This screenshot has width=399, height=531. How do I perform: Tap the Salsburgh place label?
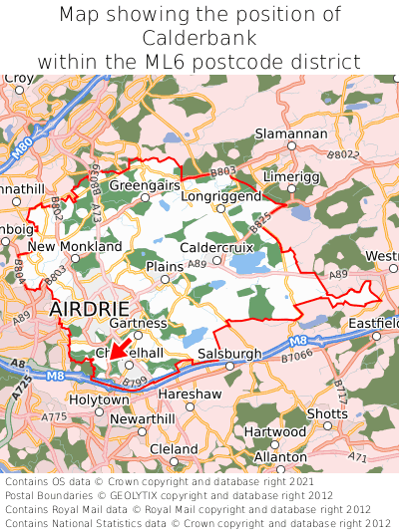[229, 354]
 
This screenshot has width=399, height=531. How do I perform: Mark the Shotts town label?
[327, 413]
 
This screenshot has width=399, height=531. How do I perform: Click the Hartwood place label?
[275, 432]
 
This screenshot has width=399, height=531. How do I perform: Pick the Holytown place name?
[98, 399]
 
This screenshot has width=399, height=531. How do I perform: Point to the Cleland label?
[174, 449]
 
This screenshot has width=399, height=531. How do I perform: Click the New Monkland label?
[75, 246]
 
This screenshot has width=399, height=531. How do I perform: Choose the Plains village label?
[165, 267]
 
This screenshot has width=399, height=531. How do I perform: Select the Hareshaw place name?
[189, 395]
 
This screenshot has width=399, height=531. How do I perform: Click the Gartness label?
[137, 323]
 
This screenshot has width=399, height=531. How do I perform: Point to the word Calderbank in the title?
[199, 38]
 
